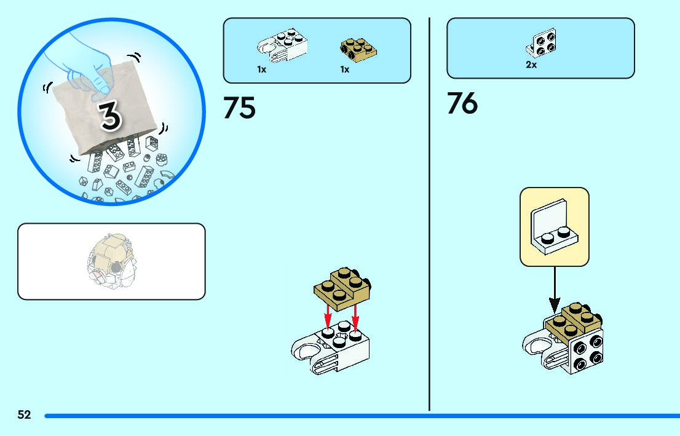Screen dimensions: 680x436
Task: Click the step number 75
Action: (x=239, y=107)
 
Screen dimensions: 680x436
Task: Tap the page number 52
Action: (x=24, y=415)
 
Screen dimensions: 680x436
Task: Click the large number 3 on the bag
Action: (x=110, y=116)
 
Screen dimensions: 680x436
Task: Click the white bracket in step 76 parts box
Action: (x=541, y=42)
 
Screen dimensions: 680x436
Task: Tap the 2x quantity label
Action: (x=531, y=65)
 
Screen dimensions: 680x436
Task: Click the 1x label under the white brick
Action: (x=261, y=70)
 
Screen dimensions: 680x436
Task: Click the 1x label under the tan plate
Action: (x=344, y=70)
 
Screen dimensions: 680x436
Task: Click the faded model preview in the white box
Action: (x=111, y=261)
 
